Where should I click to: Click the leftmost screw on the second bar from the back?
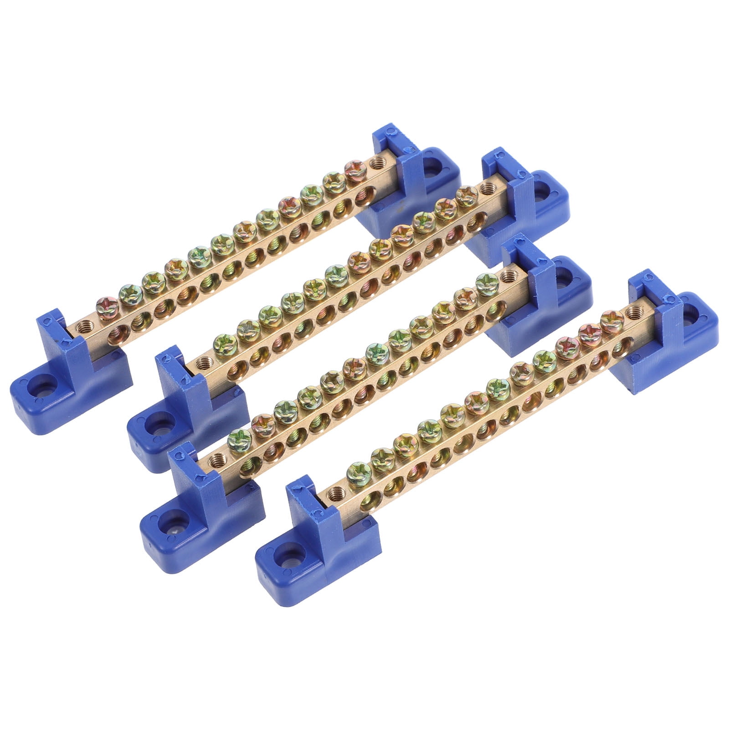click(x=221, y=341)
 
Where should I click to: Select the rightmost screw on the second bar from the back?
click(x=465, y=195)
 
